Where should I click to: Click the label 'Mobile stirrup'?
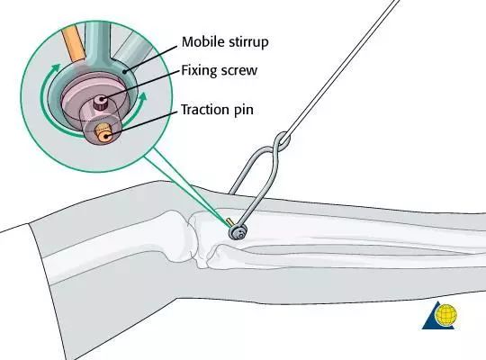click(x=225, y=42)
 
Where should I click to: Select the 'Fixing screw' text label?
click(x=219, y=70)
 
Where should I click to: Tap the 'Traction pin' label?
click(x=217, y=110)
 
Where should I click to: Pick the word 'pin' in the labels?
click(x=244, y=111)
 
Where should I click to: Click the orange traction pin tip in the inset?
click(x=103, y=133)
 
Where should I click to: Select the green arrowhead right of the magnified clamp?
click(x=142, y=95)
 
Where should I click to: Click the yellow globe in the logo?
click(x=446, y=315)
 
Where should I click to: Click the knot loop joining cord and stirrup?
click(x=282, y=141)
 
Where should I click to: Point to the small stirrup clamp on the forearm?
click(x=238, y=232)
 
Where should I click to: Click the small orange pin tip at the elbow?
click(x=229, y=221)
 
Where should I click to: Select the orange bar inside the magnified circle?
click(x=73, y=43)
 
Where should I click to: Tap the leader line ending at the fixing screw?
click(x=141, y=85)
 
